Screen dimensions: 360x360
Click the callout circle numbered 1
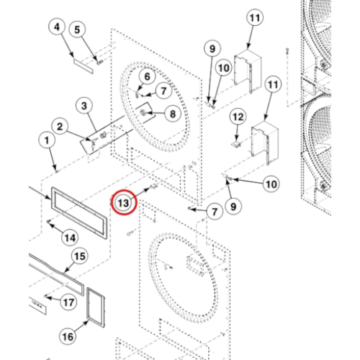47,140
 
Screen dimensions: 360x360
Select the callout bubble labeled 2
60,127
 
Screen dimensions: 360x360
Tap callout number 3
84,106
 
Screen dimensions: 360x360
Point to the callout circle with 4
57,27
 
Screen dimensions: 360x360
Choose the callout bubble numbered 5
77,30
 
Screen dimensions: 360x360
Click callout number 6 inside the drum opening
147,76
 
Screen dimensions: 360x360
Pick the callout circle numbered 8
173,114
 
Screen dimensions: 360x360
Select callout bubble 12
238,117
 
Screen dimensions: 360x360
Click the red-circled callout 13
124,203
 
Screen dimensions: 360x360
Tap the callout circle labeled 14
70,238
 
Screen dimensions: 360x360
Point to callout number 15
80,256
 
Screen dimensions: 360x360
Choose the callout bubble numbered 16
68,336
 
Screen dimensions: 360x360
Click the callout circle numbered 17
68,302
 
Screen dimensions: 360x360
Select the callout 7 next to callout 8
163,91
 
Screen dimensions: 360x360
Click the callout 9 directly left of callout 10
212,49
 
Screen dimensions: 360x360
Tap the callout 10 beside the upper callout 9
224,68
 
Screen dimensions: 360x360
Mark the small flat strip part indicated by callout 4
84,66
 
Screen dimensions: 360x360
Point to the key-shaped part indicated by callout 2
92,143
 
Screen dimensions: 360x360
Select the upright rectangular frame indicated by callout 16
96,307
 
